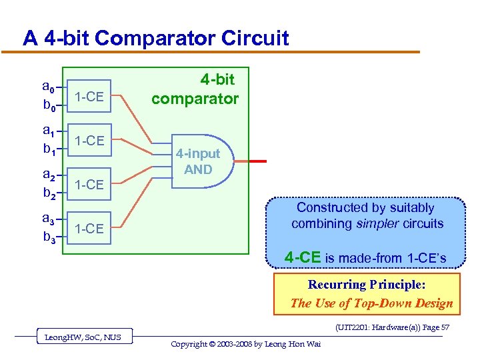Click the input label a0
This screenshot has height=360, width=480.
pos(48,87)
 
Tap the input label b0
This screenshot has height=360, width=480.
pos(48,106)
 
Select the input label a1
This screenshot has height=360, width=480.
pos(48,131)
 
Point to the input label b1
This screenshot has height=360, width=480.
pos(48,150)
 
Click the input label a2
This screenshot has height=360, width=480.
pos(48,175)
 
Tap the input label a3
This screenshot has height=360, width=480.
pos(48,219)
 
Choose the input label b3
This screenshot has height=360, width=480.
pos(48,237)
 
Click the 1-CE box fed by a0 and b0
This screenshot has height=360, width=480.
pos(89,97)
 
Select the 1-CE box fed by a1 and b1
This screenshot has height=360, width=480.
pos(89,141)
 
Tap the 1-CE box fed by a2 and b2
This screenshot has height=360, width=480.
pos(89,185)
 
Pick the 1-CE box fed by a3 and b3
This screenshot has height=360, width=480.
pos(89,229)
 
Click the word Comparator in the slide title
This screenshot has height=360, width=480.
pos(149,38)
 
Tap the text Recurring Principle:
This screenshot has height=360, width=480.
pos(365,285)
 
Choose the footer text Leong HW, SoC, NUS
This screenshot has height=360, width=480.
pos(83,337)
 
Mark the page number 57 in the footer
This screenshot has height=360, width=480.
pos(445,327)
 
